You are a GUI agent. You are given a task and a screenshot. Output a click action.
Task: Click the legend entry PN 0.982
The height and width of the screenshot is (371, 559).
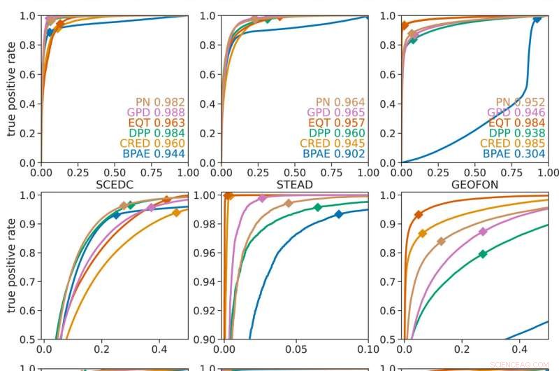pos(159,101)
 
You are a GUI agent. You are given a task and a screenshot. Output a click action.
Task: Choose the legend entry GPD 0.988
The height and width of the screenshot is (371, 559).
pos(156,112)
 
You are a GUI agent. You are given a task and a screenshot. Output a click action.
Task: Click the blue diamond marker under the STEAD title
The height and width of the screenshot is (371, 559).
pos(339,214)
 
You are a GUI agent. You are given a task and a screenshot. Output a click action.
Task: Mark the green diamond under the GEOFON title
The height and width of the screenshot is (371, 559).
pos(483,254)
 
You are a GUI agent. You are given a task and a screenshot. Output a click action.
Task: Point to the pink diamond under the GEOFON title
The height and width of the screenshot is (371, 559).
pos(483,231)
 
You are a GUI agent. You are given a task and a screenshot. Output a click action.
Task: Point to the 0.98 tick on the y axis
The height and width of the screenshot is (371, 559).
pos(206,224)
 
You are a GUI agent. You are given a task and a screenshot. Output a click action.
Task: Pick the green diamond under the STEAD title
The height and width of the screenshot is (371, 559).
pos(318,207)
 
